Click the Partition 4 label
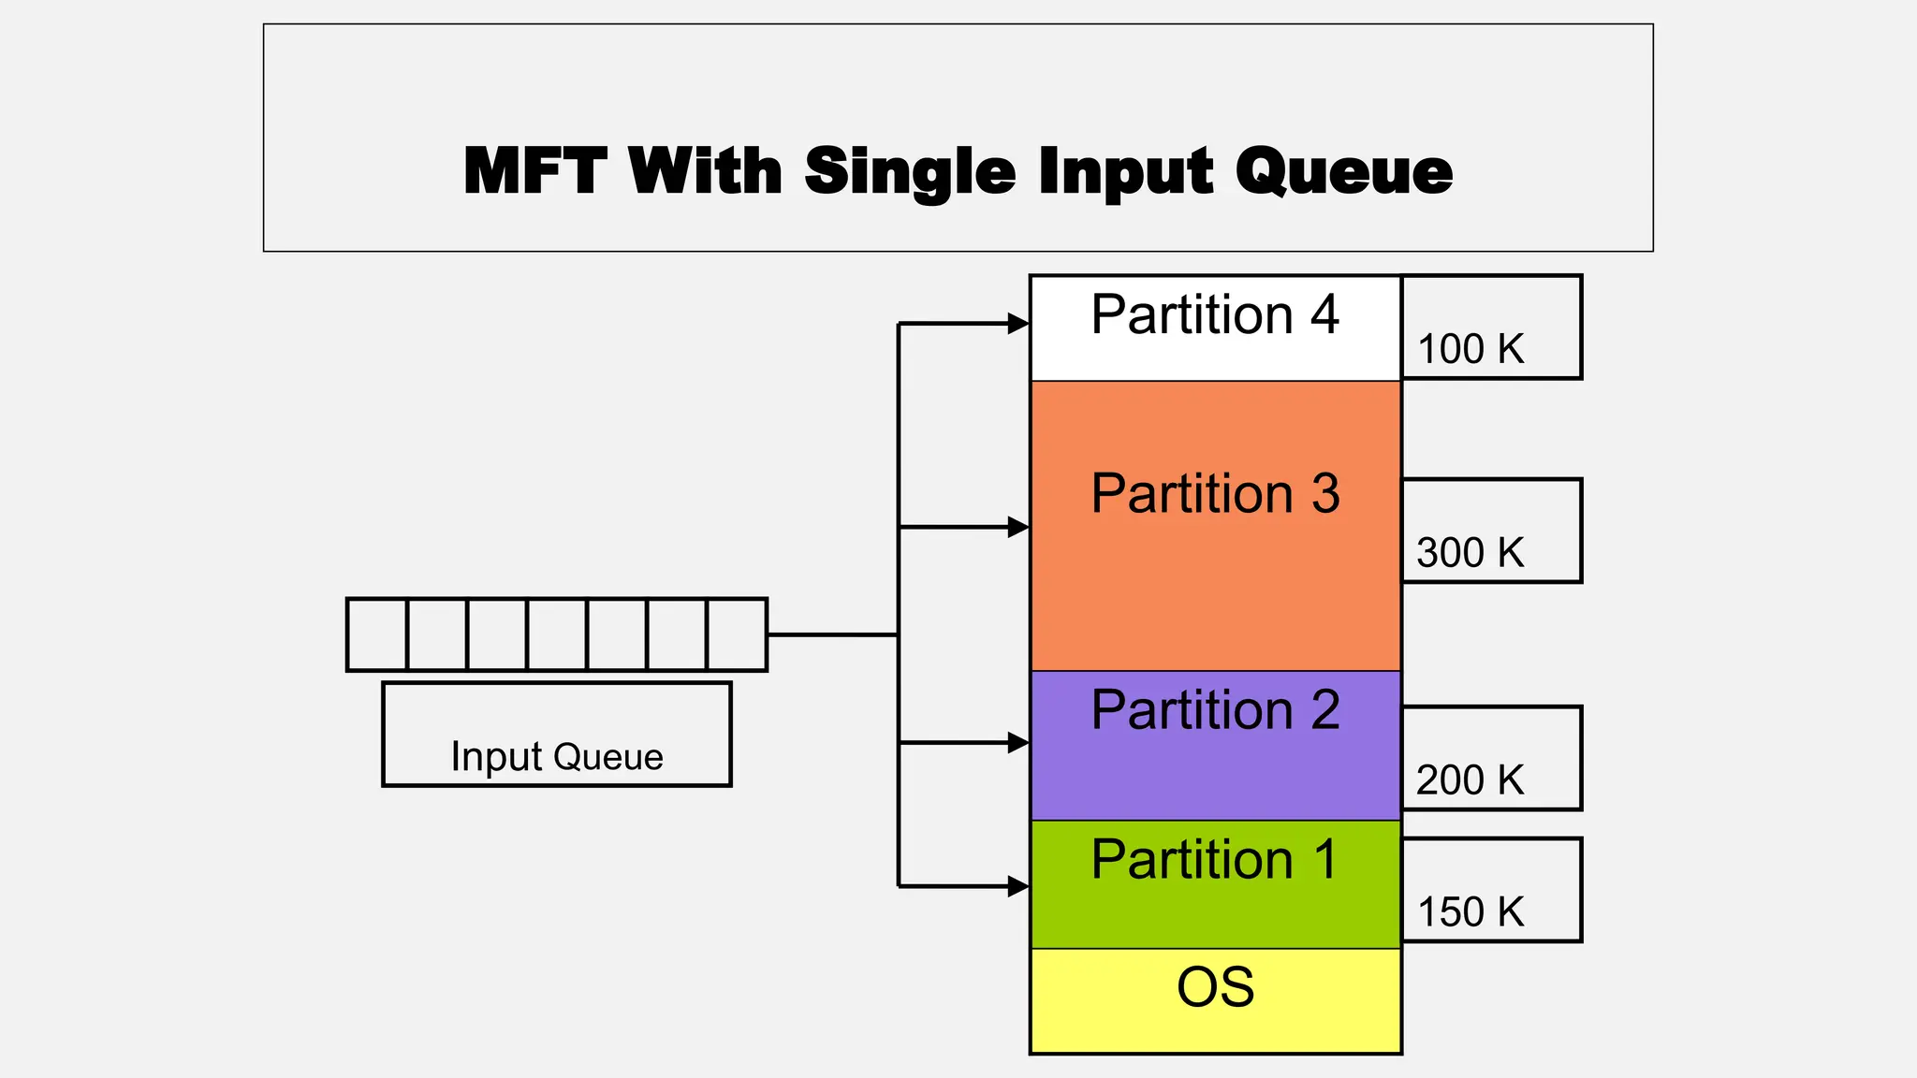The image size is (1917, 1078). pyautogui.click(x=1215, y=314)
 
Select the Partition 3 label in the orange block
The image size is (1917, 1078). pyautogui.click(x=1215, y=493)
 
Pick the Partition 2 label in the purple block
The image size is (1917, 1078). pyautogui.click(x=1215, y=709)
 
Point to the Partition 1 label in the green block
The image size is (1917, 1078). pyautogui.click(x=1215, y=859)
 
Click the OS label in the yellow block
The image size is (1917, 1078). pyautogui.click(x=1215, y=987)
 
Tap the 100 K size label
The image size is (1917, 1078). pyautogui.click(x=1471, y=349)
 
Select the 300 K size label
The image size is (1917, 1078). pyautogui.click(x=1471, y=552)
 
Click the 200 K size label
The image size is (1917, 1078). pyautogui.click(x=1471, y=779)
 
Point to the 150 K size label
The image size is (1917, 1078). pyautogui.click(x=1471, y=911)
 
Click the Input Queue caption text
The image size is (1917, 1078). pyautogui.click(x=557, y=756)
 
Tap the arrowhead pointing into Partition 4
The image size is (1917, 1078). pyautogui.click(x=1017, y=324)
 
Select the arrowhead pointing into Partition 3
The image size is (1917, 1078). pyautogui.click(x=1017, y=527)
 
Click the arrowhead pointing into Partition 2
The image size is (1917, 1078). pyautogui.click(x=1017, y=743)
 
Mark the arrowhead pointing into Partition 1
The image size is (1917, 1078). pyautogui.click(x=1017, y=885)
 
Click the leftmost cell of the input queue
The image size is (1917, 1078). pyautogui.click(x=377, y=634)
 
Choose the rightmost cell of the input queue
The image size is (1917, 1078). pyautogui.click(x=737, y=634)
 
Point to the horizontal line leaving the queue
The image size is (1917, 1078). pyautogui.click(x=831, y=634)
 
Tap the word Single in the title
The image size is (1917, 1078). pyautogui.click(x=909, y=173)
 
